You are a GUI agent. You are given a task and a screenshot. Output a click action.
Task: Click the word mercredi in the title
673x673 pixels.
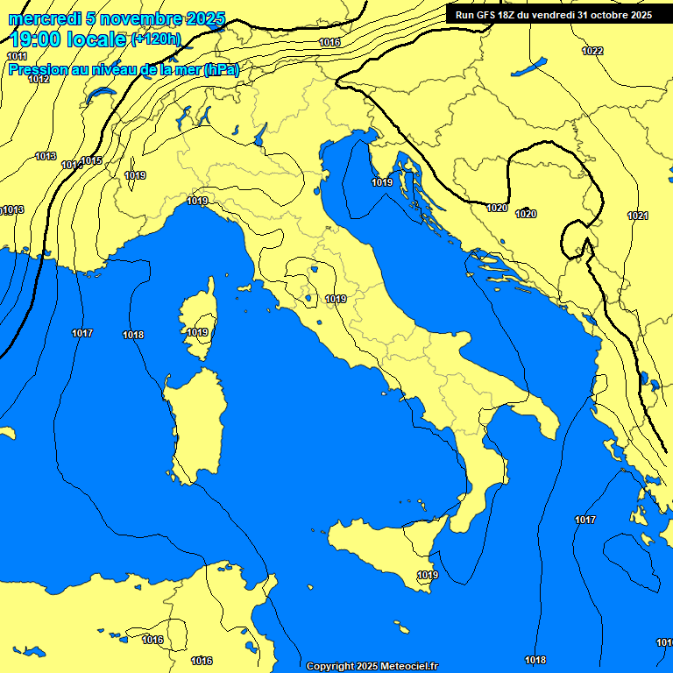pyautogui.click(x=44, y=18)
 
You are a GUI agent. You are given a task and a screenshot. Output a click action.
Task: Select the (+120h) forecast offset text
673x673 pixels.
pyautogui.click(x=156, y=39)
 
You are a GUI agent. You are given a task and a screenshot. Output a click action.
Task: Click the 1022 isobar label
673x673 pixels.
pyautogui.click(x=592, y=51)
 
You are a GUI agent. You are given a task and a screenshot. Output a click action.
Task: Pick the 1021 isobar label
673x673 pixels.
pyautogui.click(x=638, y=216)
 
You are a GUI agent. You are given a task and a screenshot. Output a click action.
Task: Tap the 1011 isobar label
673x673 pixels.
pyautogui.click(x=17, y=56)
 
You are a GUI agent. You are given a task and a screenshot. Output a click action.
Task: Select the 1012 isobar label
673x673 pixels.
pyautogui.click(x=39, y=79)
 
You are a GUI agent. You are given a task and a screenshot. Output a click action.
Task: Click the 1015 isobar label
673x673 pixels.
pyautogui.click(x=92, y=160)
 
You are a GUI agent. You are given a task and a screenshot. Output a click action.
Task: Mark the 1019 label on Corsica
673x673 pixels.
pyautogui.click(x=197, y=332)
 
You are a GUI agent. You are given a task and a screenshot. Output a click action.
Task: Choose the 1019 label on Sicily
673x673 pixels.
pyautogui.click(x=427, y=575)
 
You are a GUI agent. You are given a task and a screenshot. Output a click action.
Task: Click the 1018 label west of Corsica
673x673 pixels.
pyautogui.click(x=133, y=335)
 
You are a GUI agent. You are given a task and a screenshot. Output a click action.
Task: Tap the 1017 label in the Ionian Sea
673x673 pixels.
pyautogui.click(x=585, y=520)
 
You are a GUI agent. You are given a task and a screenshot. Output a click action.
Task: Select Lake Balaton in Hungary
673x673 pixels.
pyautogui.click(x=528, y=67)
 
